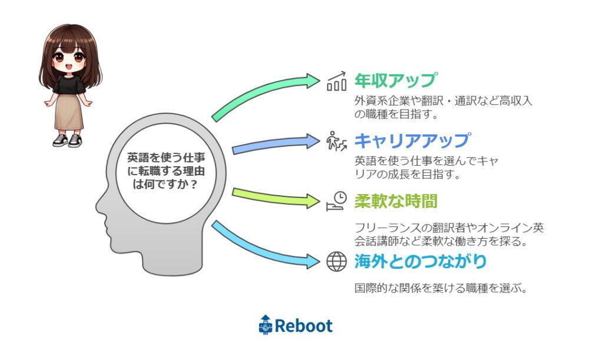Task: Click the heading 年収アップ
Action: pyautogui.click(x=396, y=81)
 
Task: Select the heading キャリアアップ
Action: pyautogui.click(x=412, y=140)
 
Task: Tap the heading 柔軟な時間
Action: pyautogui.click(x=396, y=201)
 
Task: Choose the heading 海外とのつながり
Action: pyautogui.click(x=420, y=261)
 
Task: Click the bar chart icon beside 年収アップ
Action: pyautogui.click(x=337, y=81)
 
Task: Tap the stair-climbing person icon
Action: pyautogui.click(x=336, y=141)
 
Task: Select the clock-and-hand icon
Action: pyautogui.click(x=336, y=201)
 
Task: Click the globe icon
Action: pyautogui.click(x=336, y=262)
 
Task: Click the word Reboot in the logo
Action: pyautogui.click(x=303, y=326)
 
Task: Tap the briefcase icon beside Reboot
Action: pyautogui.click(x=266, y=325)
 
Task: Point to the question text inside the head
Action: pyautogui.click(x=166, y=170)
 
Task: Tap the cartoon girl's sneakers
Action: pyautogui.click(x=68, y=140)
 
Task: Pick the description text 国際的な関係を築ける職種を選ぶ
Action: pyautogui.click(x=441, y=288)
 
